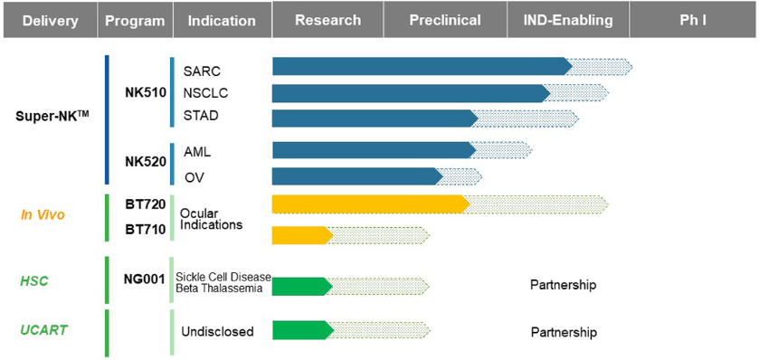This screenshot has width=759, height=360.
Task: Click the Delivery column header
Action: tap(51, 20)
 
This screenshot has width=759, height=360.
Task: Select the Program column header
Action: tap(135, 20)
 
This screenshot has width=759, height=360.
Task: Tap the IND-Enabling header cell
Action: tap(568, 20)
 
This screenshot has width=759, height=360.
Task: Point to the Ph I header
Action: tap(694, 20)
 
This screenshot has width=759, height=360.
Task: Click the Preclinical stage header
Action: tap(445, 20)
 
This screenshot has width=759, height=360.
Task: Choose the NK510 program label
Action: tap(146, 92)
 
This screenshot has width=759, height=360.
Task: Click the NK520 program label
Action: tap(146, 162)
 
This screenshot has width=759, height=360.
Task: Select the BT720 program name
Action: tap(146, 204)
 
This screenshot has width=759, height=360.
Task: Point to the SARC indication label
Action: tap(202, 71)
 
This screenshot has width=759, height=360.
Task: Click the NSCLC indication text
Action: tap(205, 93)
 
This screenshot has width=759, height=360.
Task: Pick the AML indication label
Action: tap(197, 152)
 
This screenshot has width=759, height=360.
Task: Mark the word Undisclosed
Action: tap(217, 332)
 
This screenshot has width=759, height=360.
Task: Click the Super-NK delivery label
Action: tap(52, 117)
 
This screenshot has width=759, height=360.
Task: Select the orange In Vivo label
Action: tap(43, 215)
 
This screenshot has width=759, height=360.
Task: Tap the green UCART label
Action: tap(43, 330)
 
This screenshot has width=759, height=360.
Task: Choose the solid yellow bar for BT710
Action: tap(302, 235)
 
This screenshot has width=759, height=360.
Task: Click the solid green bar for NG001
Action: tap(302, 287)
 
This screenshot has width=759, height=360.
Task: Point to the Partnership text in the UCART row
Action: tap(564, 333)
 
